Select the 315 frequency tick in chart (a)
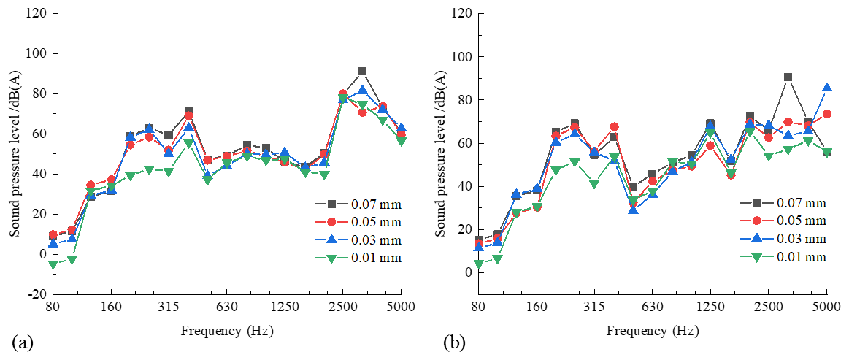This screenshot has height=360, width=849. (169, 307)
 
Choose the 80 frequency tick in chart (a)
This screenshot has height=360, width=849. (52, 307)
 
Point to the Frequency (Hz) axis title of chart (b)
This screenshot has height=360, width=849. (652, 331)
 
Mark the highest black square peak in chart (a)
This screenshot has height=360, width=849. (362, 72)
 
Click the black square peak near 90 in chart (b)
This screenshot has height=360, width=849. (788, 77)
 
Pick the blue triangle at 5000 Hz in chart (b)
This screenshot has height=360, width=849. (826, 88)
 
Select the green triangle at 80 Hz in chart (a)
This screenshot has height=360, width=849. (53, 264)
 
